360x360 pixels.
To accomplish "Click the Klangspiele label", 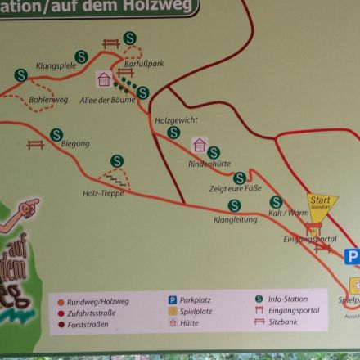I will (56, 65).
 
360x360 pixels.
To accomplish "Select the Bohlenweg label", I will (48, 101).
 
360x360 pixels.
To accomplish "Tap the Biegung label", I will (75, 144).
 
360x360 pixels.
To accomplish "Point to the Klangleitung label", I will (235, 219).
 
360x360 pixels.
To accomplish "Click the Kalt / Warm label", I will (289, 213).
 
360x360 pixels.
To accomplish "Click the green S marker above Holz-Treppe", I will (117, 161).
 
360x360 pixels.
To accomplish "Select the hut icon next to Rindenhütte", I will (199, 146).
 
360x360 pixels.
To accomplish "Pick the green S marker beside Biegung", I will (56, 134).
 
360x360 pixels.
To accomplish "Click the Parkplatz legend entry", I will (196, 300).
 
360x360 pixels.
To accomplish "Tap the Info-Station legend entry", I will (285, 299).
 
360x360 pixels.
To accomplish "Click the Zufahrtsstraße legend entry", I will (92, 312).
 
